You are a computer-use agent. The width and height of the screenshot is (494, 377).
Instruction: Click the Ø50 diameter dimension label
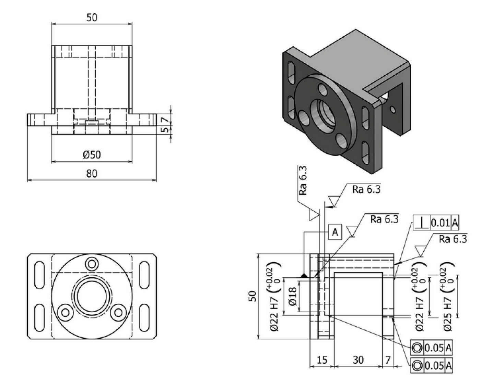pos(92,154)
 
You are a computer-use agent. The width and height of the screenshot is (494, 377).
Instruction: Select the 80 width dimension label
pos(92,174)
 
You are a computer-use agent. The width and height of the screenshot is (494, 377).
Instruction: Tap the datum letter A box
pos(335,232)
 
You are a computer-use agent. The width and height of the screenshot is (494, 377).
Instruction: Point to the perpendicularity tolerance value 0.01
pos(440,223)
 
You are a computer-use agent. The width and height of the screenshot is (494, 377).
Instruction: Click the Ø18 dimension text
pos(292,296)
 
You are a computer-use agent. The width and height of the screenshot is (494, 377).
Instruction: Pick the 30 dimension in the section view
pos(358,360)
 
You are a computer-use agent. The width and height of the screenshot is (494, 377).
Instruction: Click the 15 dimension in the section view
pos(322,360)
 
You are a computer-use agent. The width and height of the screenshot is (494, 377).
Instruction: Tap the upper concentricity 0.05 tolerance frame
pos(432,348)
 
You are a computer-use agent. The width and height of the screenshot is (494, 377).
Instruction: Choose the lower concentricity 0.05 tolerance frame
pos(432,365)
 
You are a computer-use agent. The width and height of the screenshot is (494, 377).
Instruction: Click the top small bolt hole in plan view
pos(92,264)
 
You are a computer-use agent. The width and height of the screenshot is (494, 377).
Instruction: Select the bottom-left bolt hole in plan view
pos(64,312)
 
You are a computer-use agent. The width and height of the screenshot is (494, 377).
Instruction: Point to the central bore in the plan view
pos(92,296)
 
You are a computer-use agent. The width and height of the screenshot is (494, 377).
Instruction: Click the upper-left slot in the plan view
pos(40,275)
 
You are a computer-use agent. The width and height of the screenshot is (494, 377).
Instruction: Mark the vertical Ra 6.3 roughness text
pos(303,180)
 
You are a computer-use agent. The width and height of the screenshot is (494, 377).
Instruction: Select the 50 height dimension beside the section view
pos(252,296)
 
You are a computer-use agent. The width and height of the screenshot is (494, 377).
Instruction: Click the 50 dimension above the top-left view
pos(92,17)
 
